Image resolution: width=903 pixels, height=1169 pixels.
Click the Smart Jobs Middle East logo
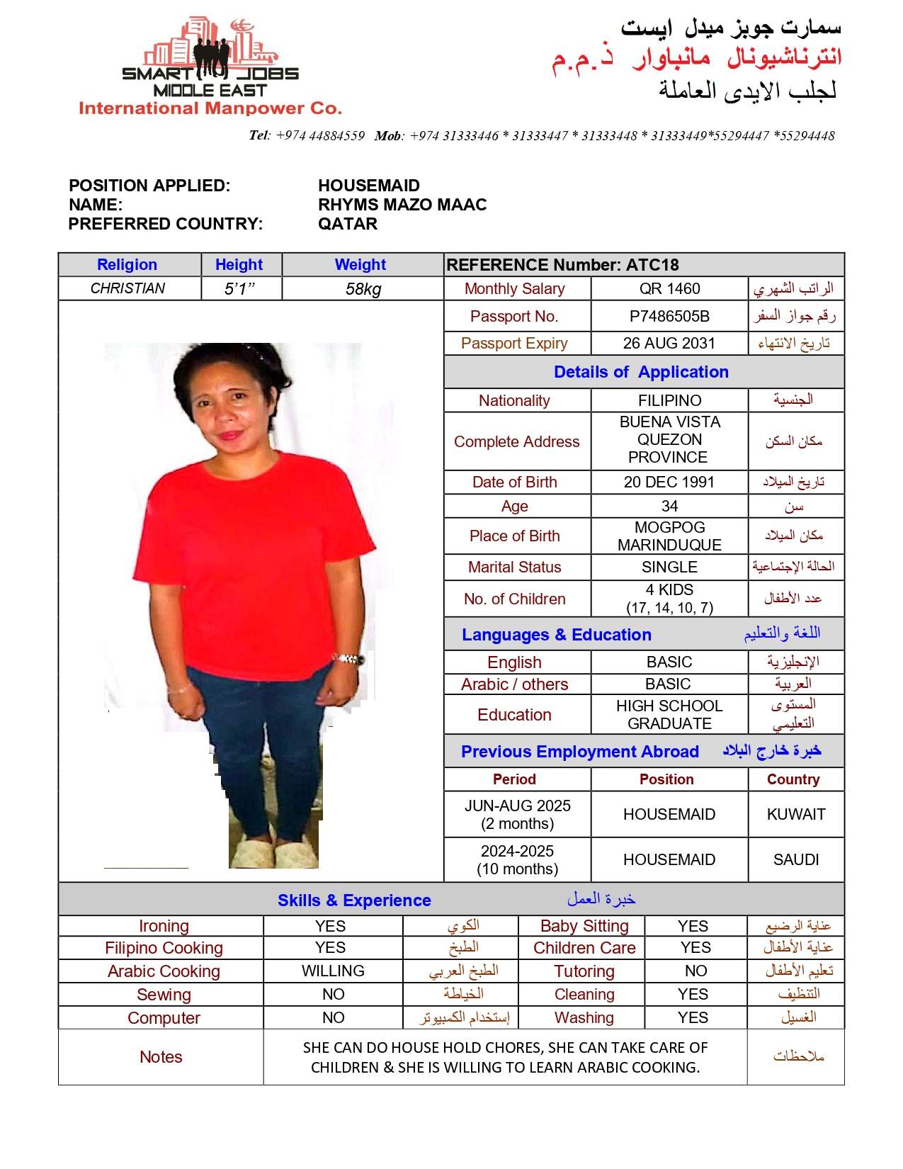[210, 66]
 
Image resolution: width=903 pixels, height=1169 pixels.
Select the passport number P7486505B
[669, 316]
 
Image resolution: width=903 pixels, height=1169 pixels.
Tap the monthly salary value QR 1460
[669, 288]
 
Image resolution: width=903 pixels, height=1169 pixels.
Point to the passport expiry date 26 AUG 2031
[669, 343]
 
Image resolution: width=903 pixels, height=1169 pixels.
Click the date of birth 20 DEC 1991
[669, 482]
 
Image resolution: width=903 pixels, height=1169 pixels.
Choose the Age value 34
[669, 506]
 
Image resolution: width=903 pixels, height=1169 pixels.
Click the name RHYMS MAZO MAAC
[402, 205]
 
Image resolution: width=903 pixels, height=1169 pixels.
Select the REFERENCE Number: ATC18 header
[562, 265]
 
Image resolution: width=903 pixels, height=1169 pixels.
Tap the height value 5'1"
[239, 288]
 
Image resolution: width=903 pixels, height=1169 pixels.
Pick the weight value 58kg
[363, 288]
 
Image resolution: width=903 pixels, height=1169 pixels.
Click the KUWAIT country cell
[796, 814]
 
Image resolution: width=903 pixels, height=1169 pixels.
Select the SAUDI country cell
[796, 859]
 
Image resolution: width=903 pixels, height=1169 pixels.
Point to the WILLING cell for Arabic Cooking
[333, 971]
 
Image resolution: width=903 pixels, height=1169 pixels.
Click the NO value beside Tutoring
[695, 971]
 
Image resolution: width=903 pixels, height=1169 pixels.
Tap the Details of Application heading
[641, 372]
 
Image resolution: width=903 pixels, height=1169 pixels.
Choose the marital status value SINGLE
[669, 567]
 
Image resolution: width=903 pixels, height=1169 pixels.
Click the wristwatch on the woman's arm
[347, 659]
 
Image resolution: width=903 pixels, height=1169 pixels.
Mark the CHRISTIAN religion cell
[127, 288]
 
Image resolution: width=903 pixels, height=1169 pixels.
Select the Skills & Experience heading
[354, 900]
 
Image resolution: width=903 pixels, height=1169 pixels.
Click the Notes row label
[161, 1056]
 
